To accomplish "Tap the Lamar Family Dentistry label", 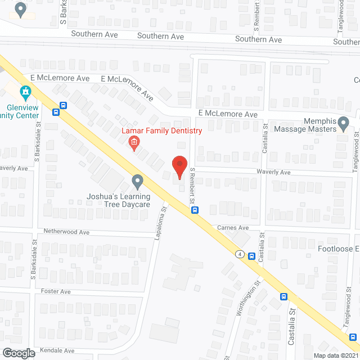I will [x=162, y=131].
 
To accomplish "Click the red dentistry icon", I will [x=134, y=143].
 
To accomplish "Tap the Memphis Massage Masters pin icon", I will [x=344, y=124].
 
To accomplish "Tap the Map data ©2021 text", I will [x=336, y=355].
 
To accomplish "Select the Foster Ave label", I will [x=56, y=291].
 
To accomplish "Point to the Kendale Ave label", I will [x=57, y=350].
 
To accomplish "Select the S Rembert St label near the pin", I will [x=192, y=186].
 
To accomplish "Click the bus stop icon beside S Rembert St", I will [x=195, y=210].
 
